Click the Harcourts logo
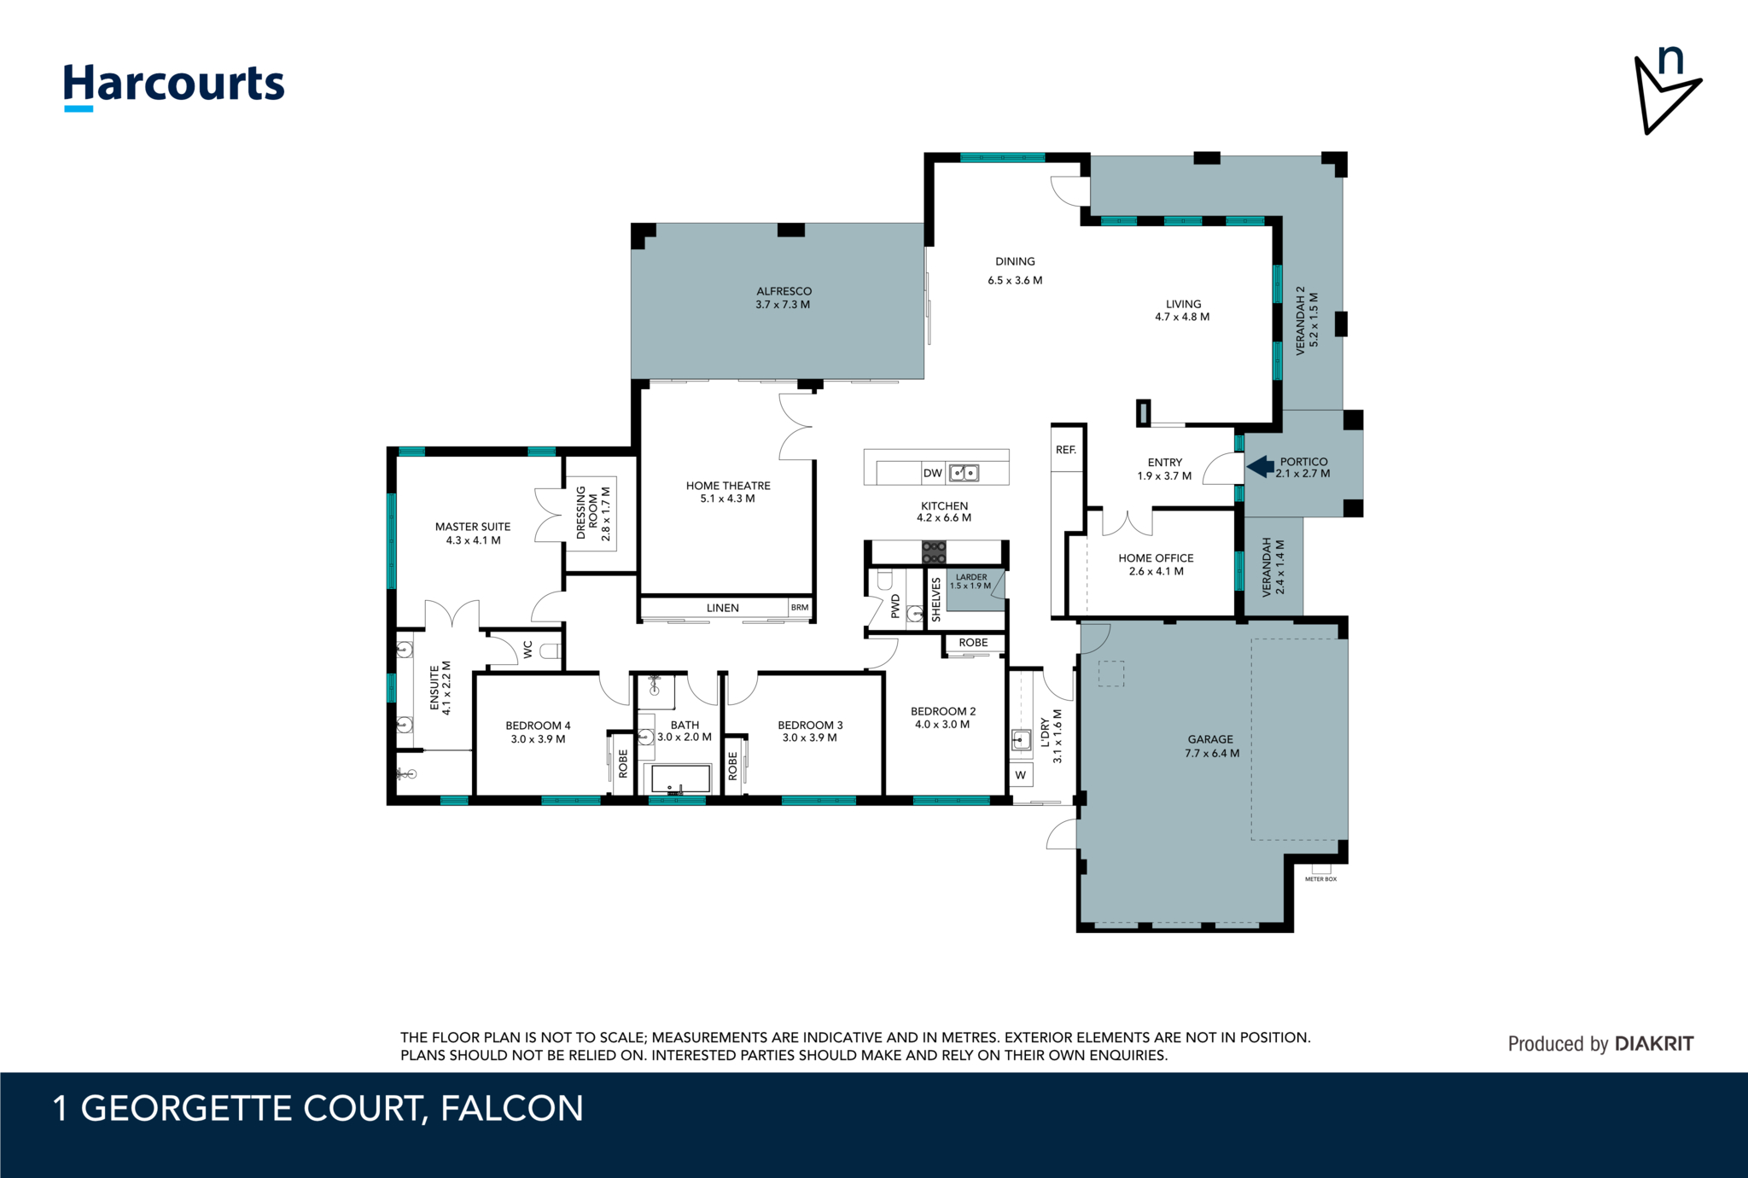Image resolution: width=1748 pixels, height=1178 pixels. [x=174, y=86]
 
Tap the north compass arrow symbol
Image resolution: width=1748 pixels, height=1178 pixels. [x=1666, y=91]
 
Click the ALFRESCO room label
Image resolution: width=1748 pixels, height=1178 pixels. [x=784, y=291]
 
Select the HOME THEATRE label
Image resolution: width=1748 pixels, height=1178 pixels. [x=728, y=486]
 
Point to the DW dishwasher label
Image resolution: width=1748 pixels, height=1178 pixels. [x=932, y=473]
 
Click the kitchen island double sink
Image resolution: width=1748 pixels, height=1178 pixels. [x=964, y=472]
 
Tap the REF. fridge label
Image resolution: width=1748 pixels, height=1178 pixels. [x=1066, y=450]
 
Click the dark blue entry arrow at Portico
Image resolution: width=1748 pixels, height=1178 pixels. [x=1260, y=467]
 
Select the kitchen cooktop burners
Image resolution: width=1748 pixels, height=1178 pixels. [x=934, y=552]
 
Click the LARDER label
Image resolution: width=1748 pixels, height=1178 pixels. [x=971, y=577]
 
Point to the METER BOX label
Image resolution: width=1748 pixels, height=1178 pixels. [x=1320, y=879]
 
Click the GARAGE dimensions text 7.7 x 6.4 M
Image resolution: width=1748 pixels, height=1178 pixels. [x=1212, y=753]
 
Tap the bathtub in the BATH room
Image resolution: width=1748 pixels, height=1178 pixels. [x=681, y=779]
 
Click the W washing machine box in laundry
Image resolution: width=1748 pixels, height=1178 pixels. [x=1021, y=775]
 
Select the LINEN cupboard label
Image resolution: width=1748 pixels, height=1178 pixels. [x=723, y=608]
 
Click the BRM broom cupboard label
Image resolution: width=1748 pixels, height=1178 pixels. [x=800, y=608]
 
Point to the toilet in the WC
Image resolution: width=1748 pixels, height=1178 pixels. [x=551, y=651]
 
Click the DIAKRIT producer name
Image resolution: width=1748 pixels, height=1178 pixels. [x=1654, y=1043]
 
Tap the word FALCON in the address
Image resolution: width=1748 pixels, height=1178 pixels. [x=512, y=1108]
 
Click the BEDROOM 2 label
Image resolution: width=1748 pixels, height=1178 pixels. [x=943, y=711]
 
